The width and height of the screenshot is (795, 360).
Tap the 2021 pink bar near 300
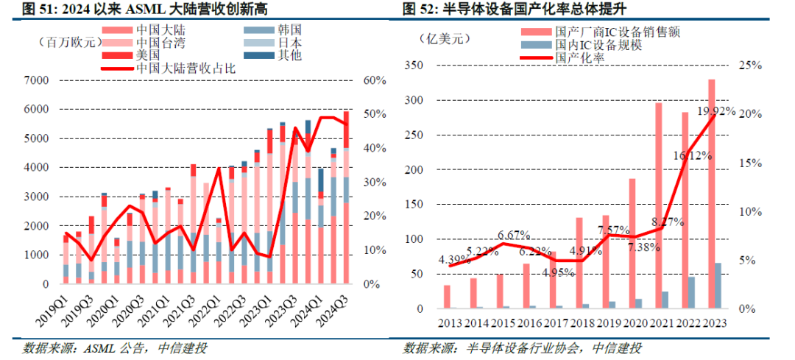[659, 206]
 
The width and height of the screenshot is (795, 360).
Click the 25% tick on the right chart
[741, 66]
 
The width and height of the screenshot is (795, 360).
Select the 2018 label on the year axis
[583, 322]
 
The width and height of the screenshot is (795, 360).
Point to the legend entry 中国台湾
[153, 43]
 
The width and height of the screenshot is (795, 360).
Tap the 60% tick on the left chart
[376, 80]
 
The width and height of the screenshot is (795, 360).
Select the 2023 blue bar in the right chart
[718, 285]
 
